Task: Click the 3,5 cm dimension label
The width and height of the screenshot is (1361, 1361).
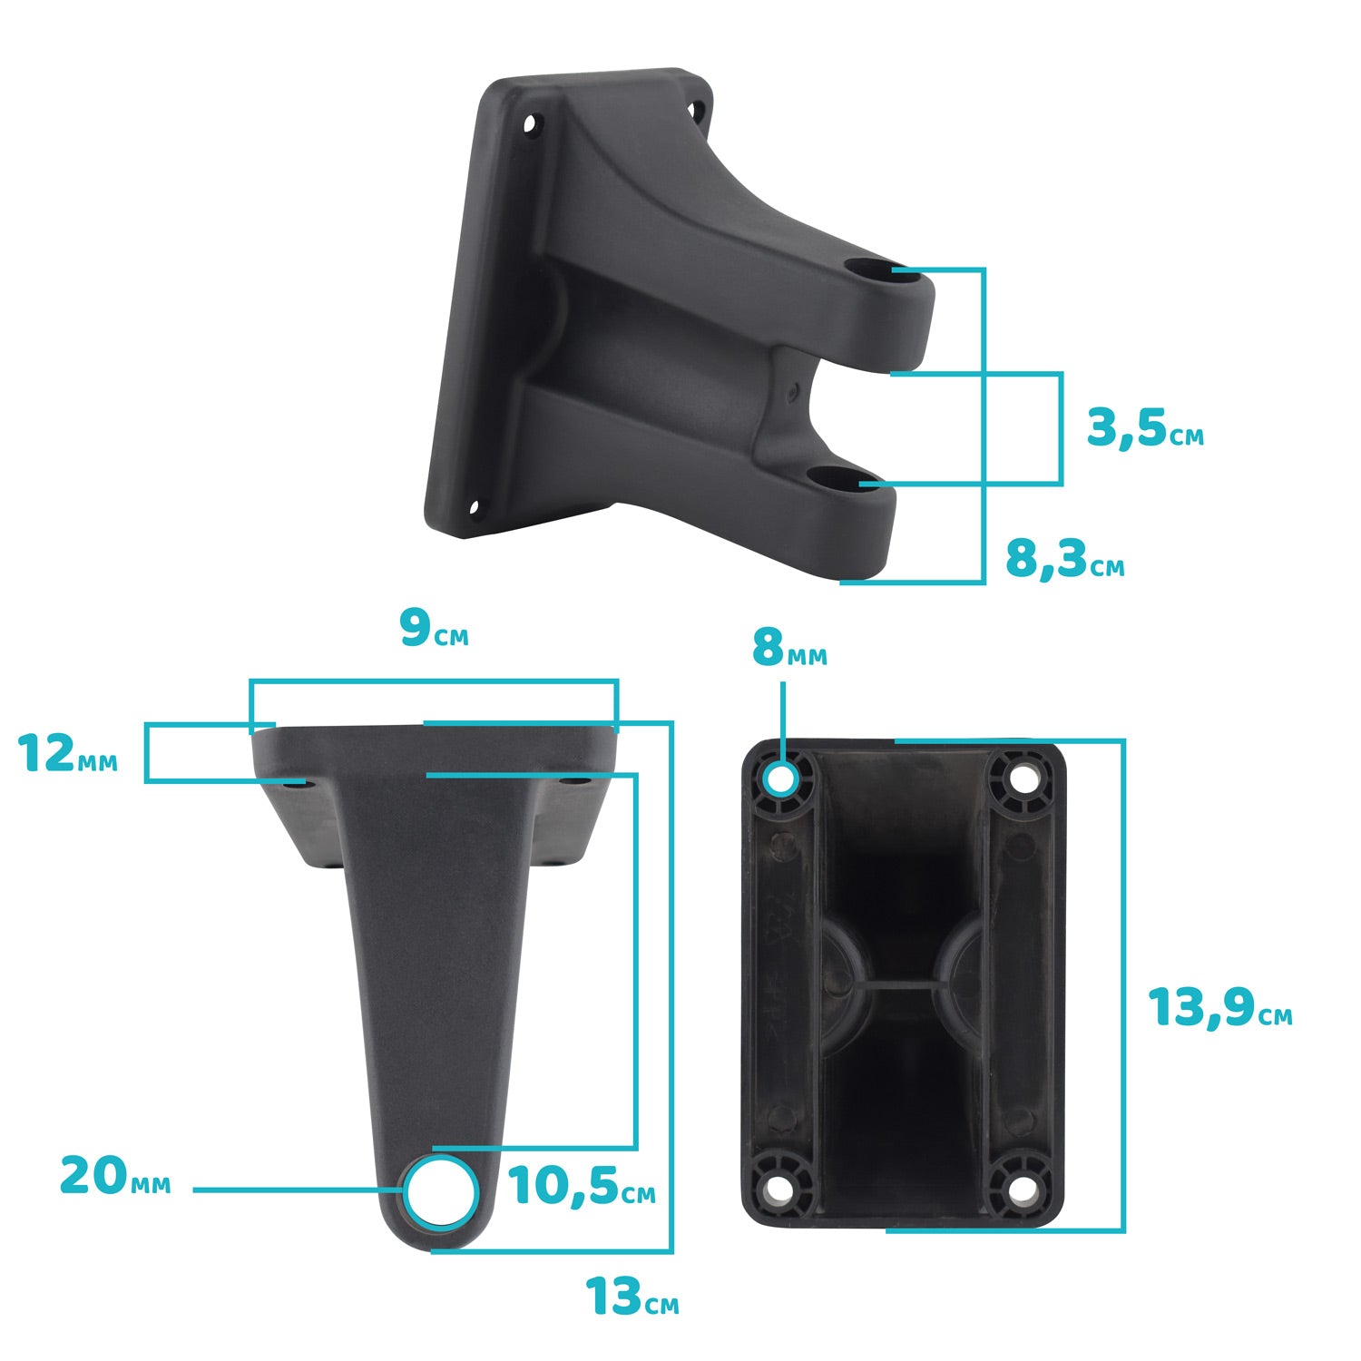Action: [x=1145, y=428]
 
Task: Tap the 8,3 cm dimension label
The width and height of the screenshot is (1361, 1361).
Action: [x=1064, y=558]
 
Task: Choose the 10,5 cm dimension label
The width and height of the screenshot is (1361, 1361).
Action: [x=582, y=1185]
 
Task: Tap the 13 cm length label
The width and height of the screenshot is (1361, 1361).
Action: [x=632, y=1297]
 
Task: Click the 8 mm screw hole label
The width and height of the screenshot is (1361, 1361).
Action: [x=789, y=648]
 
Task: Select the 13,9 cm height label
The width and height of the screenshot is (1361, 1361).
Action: [x=1220, y=1007]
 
